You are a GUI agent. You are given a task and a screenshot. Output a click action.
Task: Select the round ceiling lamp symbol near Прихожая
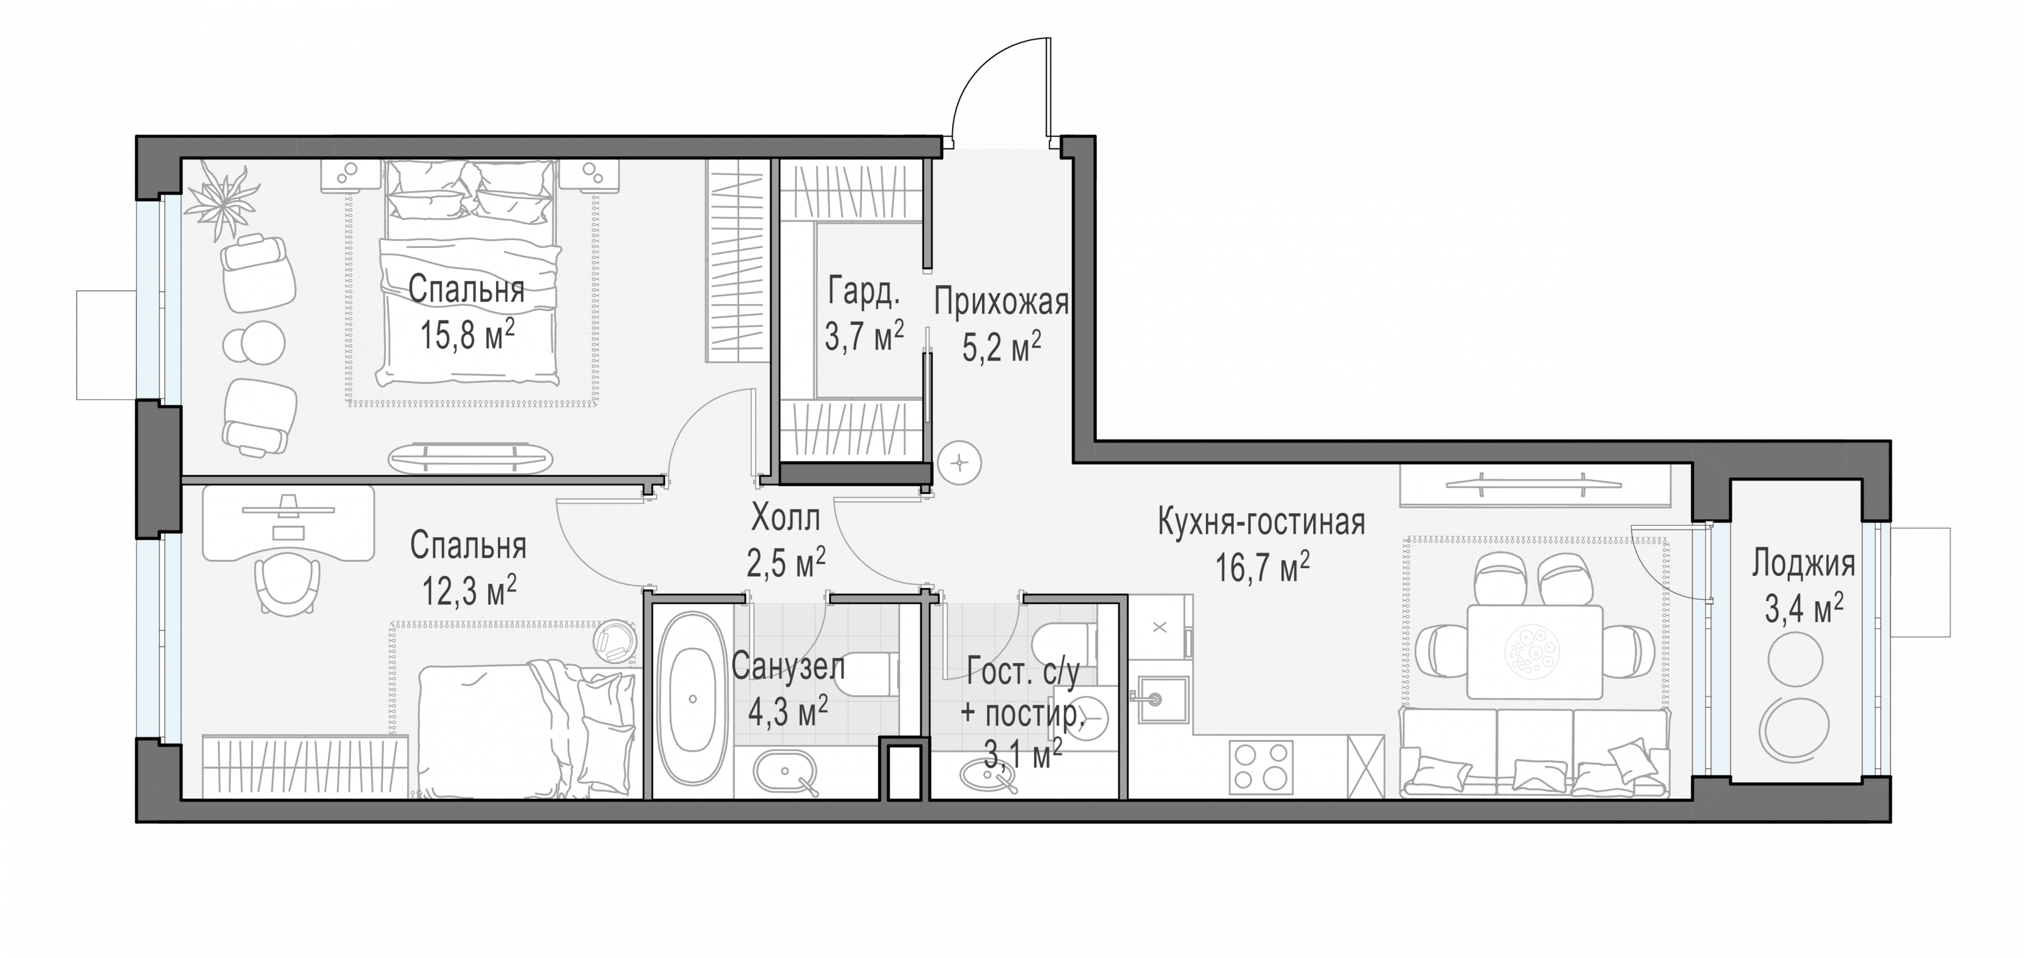point(960,464)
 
